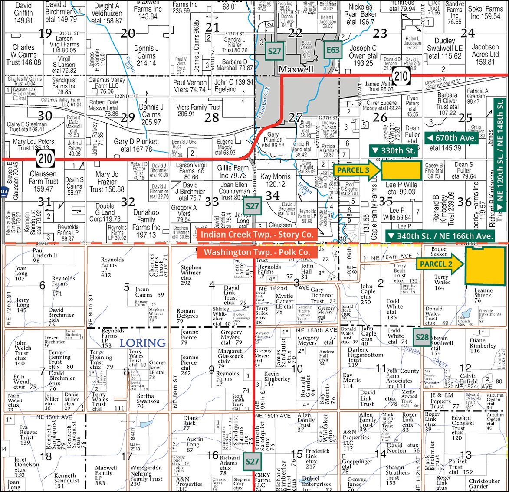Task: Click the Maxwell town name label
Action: (x=296, y=69)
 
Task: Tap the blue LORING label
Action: (x=143, y=343)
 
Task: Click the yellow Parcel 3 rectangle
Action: (x=401, y=170)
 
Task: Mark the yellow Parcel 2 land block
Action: (x=485, y=266)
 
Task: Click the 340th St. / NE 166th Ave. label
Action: (x=440, y=236)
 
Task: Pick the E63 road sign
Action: (x=333, y=50)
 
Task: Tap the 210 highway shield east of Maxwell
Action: (x=401, y=76)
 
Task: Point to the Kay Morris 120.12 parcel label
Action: (x=276, y=180)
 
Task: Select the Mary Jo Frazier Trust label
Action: (x=107, y=182)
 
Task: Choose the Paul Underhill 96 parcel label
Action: (x=45, y=255)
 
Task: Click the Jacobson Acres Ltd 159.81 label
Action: (x=485, y=54)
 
